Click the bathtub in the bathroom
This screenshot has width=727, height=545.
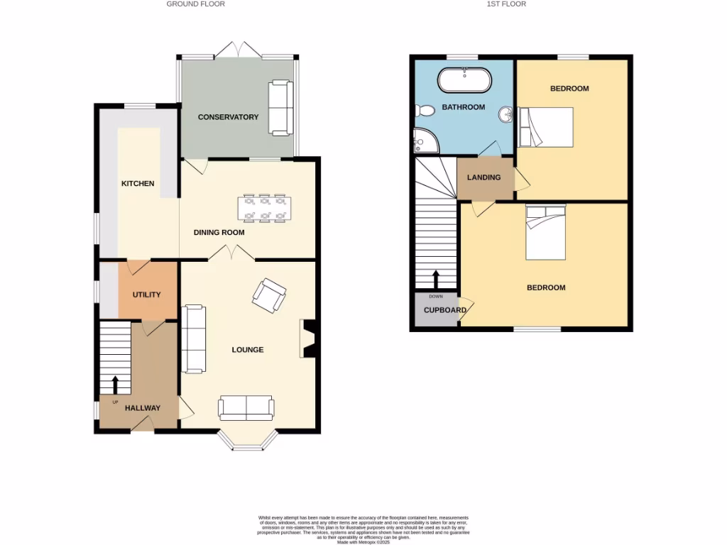[x=464, y=79]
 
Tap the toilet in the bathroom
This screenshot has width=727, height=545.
[x=426, y=111]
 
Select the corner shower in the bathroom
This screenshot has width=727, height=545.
[x=425, y=141]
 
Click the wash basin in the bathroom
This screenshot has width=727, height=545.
[x=506, y=114]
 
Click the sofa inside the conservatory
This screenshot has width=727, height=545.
[x=280, y=108]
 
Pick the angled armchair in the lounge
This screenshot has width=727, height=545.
[x=269, y=294]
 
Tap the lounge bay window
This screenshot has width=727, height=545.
[x=246, y=441]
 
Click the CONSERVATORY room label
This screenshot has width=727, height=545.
[x=228, y=117]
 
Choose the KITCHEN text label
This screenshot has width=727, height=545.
[x=138, y=184]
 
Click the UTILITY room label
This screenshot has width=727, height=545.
[x=147, y=294]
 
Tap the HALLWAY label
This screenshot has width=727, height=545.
[x=143, y=408]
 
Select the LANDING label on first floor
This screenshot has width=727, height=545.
[x=483, y=177]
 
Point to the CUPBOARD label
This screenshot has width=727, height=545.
[x=445, y=310]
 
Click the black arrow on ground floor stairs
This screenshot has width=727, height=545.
[x=115, y=384]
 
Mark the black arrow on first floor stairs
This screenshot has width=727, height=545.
[x=436, y=277]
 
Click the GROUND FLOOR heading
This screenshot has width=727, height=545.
[x=195, y=4]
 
